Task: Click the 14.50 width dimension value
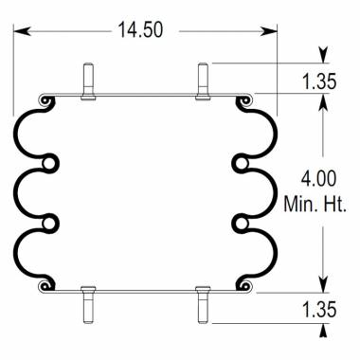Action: [x=140, y=30]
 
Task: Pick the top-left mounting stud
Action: [x=88, y=78]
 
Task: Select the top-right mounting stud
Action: [x=203, y=78]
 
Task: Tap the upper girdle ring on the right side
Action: [x=240, y=161]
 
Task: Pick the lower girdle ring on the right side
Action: [x=240, y=223]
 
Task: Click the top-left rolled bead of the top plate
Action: [x=43, y=99]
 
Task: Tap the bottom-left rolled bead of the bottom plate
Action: [x=43, y=284]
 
